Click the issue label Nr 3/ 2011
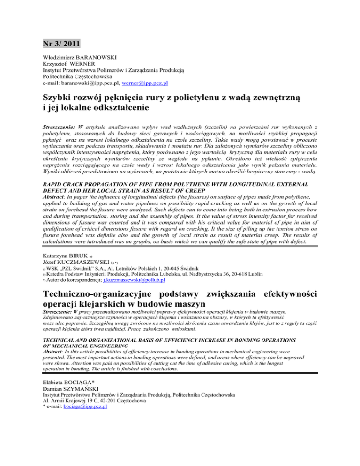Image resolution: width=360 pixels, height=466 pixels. coord(60,45)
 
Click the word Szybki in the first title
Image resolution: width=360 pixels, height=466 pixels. coord(59,98)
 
